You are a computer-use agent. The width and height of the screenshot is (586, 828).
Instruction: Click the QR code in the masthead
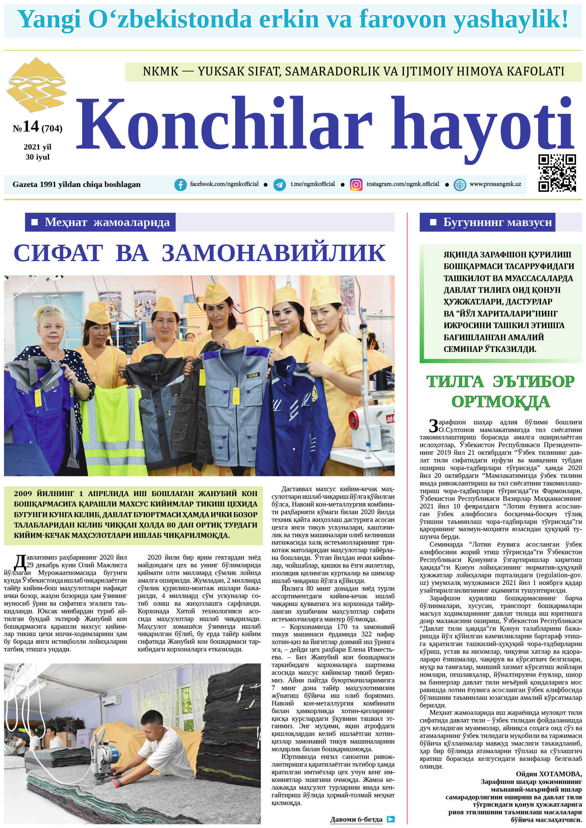(x=557, y=173)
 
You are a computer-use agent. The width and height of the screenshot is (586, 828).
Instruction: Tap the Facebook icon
(x=180, y=185)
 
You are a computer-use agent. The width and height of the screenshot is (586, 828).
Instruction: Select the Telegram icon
(x=279, y=185)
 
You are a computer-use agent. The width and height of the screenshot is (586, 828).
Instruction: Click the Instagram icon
(x=356, y=185)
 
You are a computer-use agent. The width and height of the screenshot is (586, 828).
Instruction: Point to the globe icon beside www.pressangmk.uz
(x=460, y=185)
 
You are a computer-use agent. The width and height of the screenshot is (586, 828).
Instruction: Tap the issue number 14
(x=31, y=127)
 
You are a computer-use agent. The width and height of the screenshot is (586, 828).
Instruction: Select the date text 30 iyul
(x=37, y=157)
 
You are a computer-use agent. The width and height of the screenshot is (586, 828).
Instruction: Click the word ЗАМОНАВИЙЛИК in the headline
(x=273, y=253)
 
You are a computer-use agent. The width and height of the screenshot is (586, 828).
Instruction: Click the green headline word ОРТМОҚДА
(x=500, y=401)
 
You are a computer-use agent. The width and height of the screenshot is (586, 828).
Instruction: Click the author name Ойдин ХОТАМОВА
(x=549, y=774)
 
